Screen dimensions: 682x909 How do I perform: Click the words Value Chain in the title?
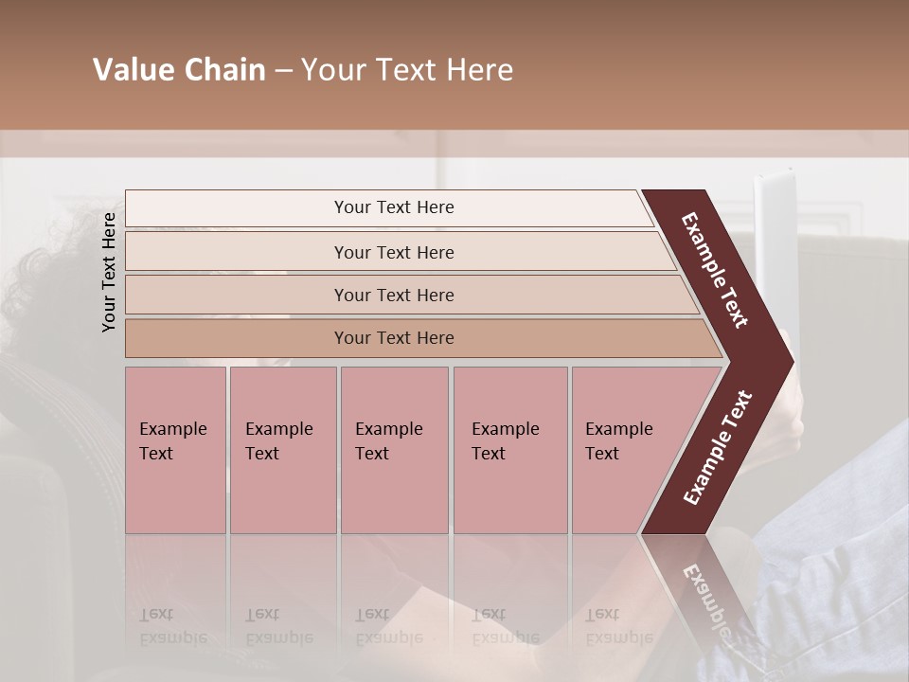click(x=179, y=70)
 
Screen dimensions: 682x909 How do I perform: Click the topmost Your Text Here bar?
click(x=394, y=207)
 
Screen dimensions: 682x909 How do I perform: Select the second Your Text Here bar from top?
click(x=394, y=252)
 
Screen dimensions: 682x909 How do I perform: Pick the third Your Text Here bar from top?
click(x=394, y=295)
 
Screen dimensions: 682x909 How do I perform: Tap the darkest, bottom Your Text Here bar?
click(x=394, y=338)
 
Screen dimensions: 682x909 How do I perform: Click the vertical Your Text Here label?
click(x=109, y=272)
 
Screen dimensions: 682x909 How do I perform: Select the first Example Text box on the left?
click(x=175, y=450)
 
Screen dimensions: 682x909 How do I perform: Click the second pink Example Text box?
click(x=282, y=450)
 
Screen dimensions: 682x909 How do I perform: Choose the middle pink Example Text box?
click(x=394, y=450)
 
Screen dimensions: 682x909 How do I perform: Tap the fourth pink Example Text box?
click(x=510, y=450)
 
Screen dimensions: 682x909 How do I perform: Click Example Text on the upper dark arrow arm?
click(x=716, y=270)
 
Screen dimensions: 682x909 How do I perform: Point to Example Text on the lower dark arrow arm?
click(x=718, y=447)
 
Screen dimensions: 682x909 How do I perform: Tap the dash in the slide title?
click(x=283, y=71)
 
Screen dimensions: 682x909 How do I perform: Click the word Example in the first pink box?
click(x=172, y=429)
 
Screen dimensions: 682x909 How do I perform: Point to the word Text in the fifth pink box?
click(x=602, y=454)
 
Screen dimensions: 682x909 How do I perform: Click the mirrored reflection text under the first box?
click(x=172, y=625)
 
